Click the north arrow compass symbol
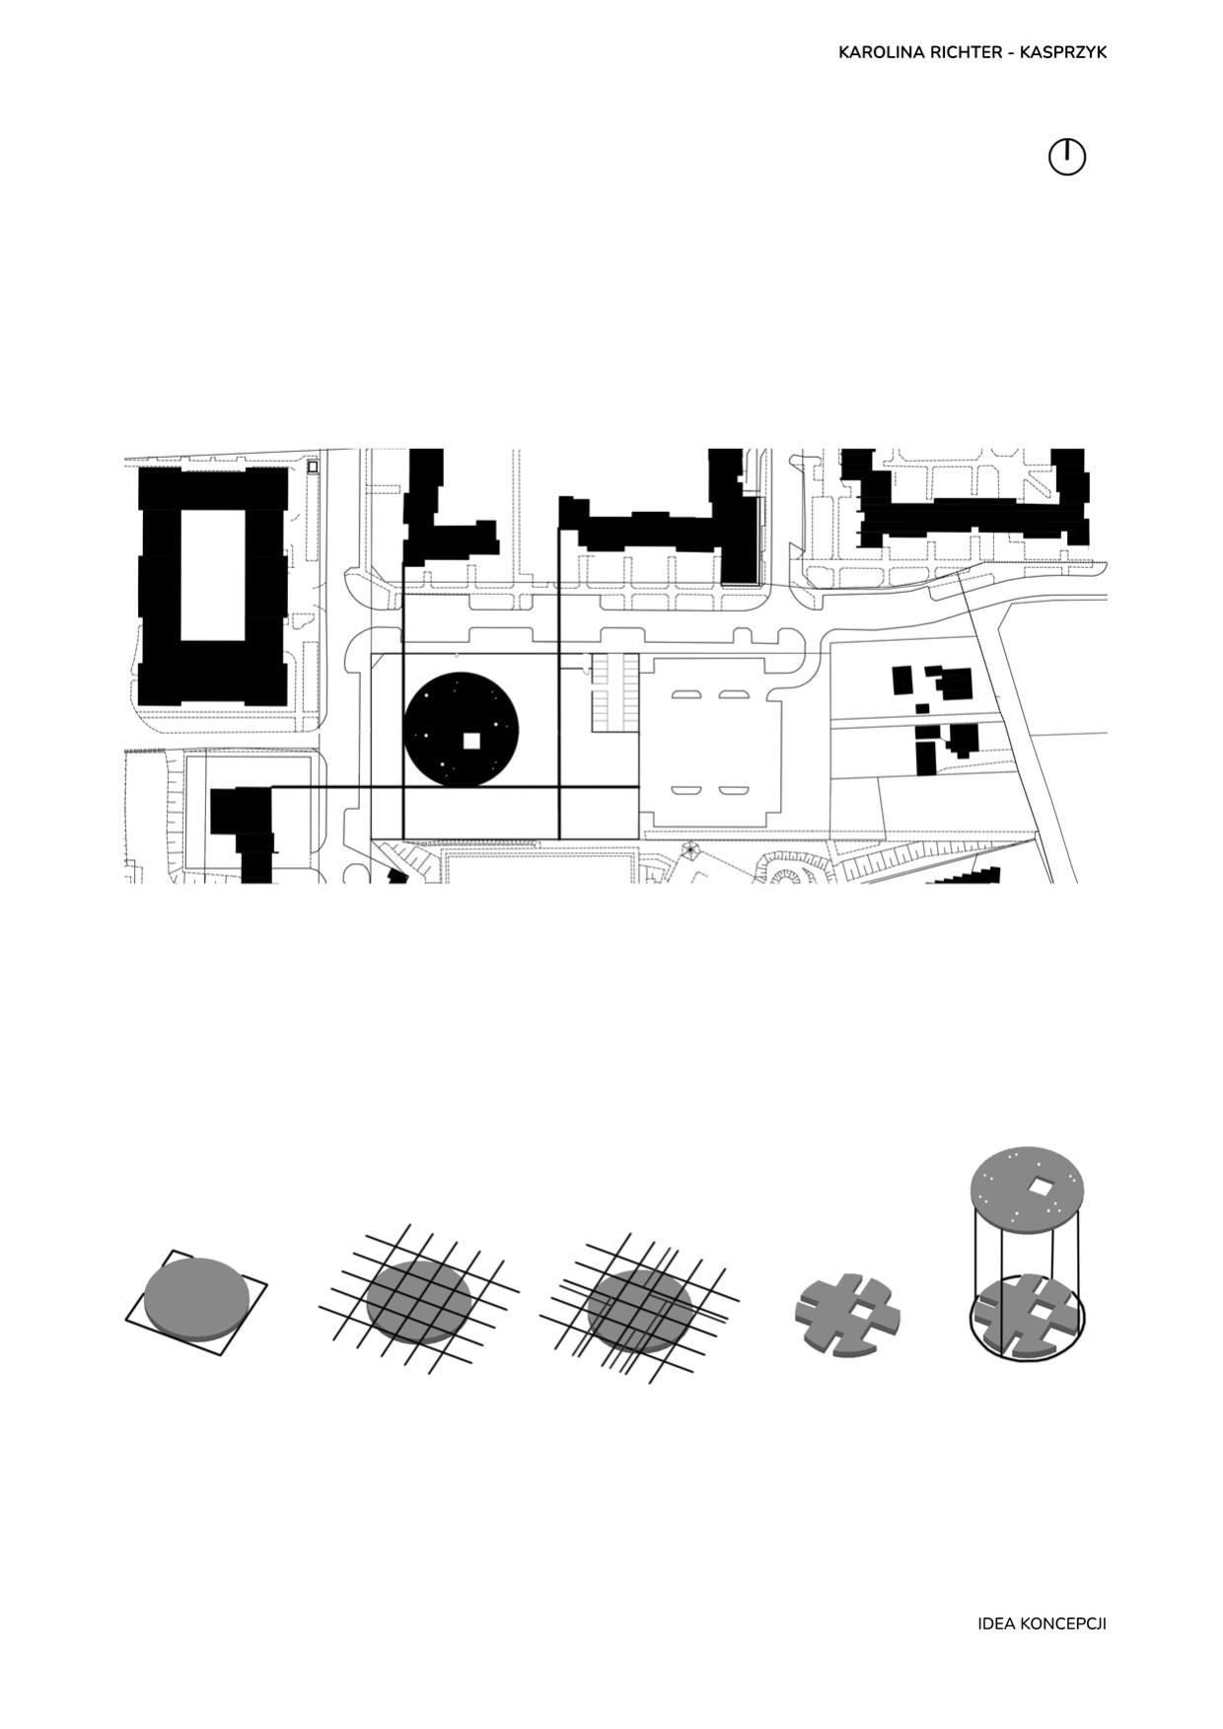pyautogui.click(x=1066, y=157)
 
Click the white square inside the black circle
pyautogui.click(x=471, y=741)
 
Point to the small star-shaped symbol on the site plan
pyautogui.click(x=688, y=848)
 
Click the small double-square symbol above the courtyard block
pyautogui.click(x=313, y=466)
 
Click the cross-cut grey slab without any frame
pyautogui.click(x=847, y=1314)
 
